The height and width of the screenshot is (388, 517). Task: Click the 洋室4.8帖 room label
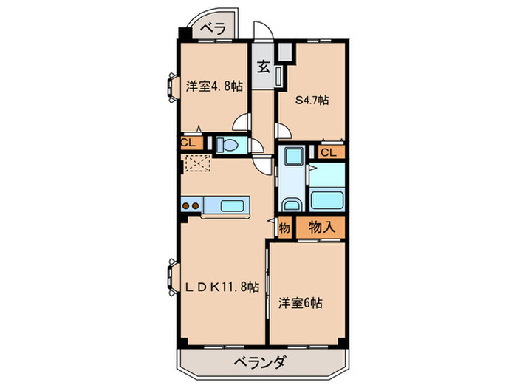click(x=213, y=86)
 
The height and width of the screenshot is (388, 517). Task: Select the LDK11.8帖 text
click(x=222, y=286)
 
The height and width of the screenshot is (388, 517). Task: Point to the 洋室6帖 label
click(x=301, y=302)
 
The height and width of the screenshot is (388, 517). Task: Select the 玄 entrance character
click(x=263, y=66)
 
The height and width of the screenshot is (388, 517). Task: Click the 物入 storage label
click(x=321, y=227)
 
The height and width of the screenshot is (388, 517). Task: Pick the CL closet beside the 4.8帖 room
click(x=187, y=143)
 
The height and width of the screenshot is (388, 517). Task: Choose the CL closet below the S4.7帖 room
click(x=330, y=152)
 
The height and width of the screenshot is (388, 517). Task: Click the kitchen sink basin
click(x=235, y=205)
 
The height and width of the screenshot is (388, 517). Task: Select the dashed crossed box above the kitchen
click(x=198, y=165)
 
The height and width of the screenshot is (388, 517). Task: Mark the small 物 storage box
click(x=284, y=227)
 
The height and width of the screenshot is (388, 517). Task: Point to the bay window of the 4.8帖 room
click(x=172, y=86)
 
